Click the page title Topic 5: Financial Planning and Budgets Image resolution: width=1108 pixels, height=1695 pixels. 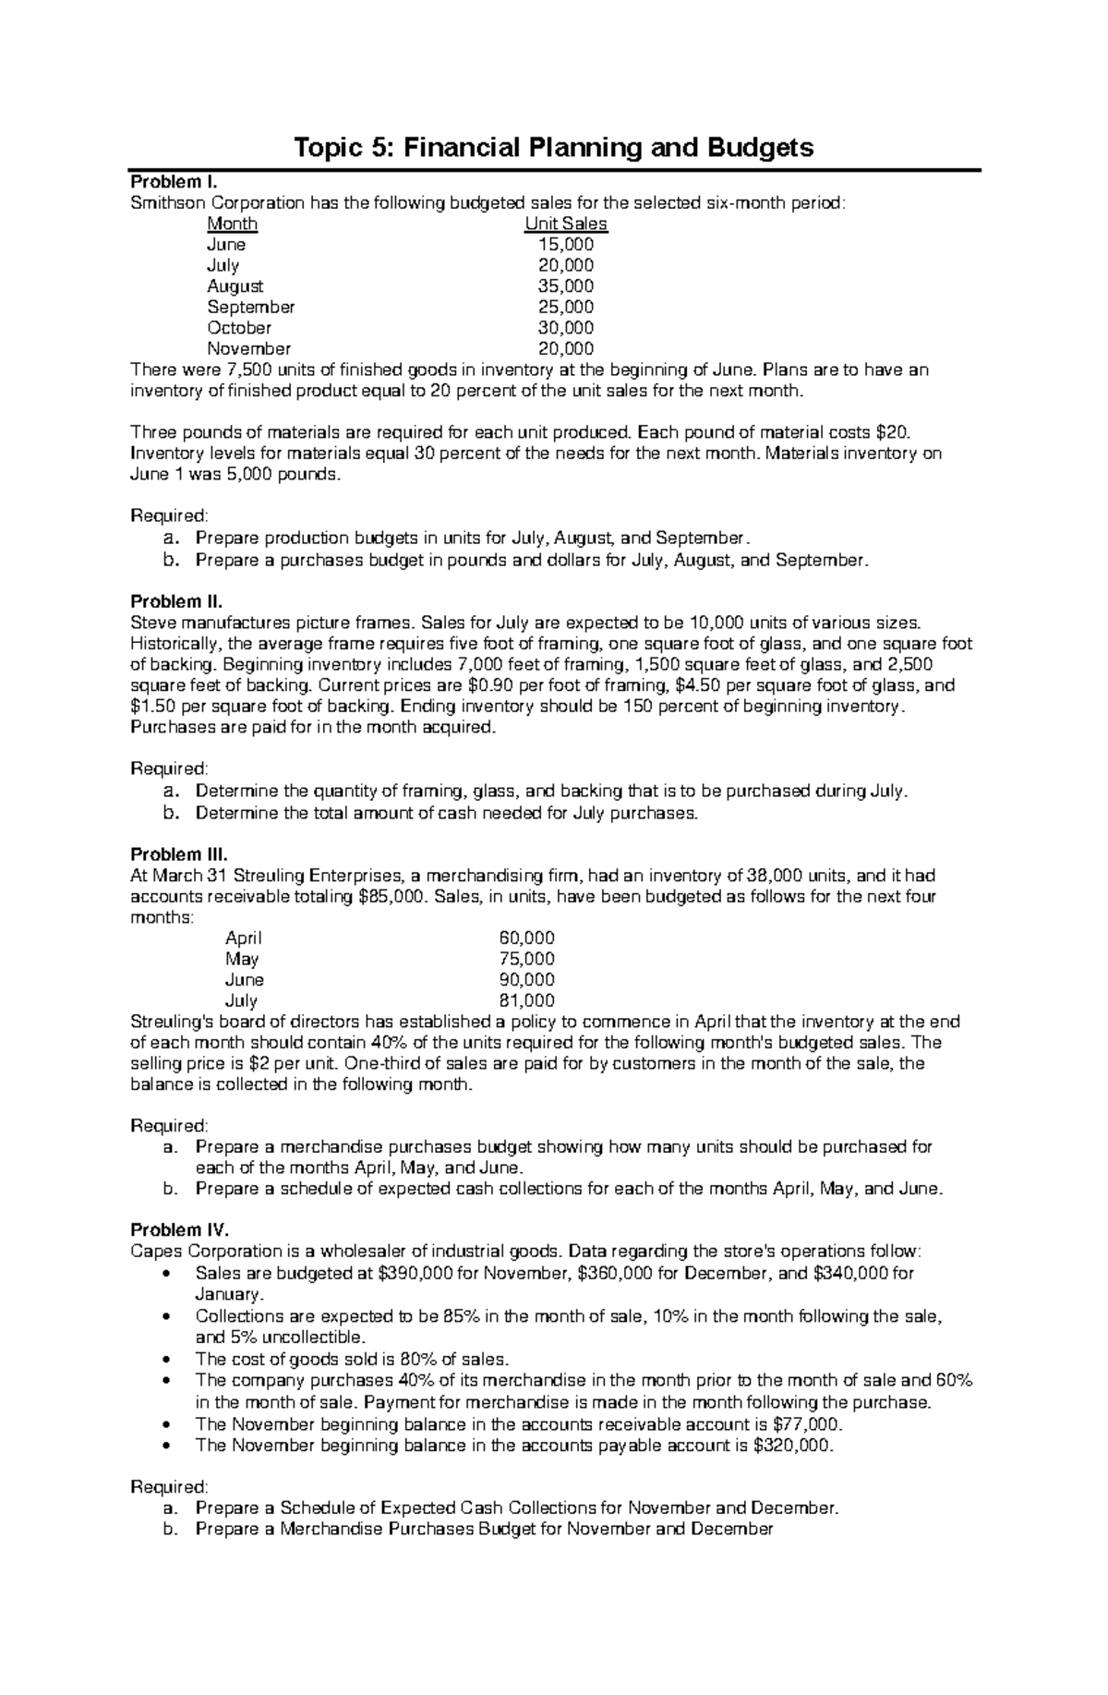pos(553,147)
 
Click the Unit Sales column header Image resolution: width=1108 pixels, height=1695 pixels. pos(566,224)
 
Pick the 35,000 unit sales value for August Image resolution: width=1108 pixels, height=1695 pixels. pos(566,286)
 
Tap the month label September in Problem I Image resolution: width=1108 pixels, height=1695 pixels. pos(251,307)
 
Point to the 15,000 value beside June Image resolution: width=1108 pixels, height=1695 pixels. pos(566,245)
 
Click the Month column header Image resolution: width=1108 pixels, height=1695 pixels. pos(233,224)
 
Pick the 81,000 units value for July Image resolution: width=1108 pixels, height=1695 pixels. pos(526,1000)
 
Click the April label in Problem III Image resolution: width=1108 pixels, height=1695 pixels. pos(244,938)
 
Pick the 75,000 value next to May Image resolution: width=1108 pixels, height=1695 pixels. pos(526,959)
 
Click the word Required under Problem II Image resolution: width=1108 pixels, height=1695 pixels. pos(170,769)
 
